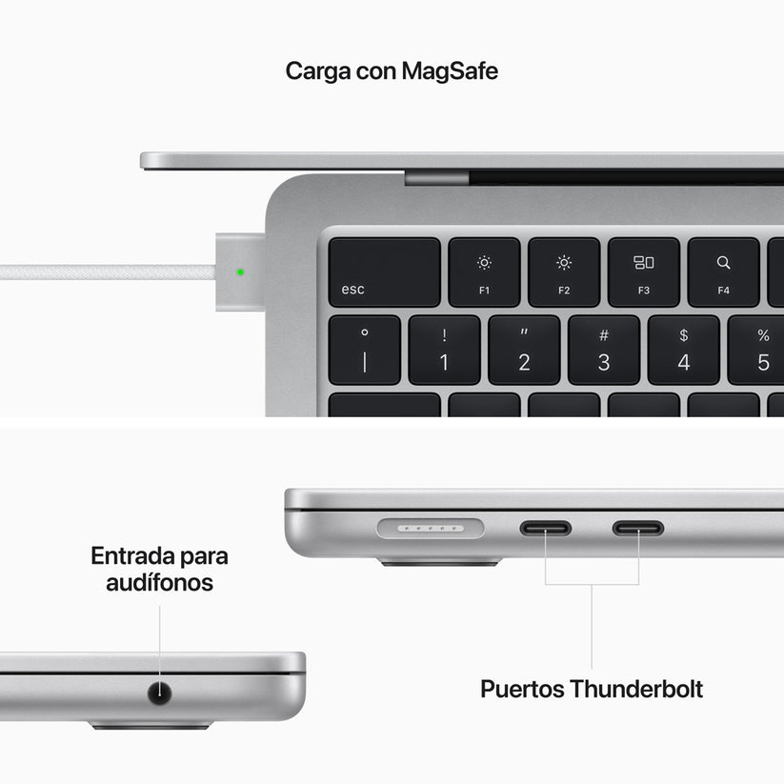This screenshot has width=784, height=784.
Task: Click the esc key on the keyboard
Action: [384, 272]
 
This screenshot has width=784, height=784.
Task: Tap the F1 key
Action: [484, 272]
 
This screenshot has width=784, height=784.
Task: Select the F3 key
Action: [644, 272]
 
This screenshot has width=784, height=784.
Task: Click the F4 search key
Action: [723, 272]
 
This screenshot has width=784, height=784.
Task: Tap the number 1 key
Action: [444, 351]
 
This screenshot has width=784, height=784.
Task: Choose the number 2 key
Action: [524, 351]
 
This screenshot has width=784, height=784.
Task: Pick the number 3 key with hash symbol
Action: [604, 351]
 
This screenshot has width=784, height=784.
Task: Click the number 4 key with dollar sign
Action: [683, 351]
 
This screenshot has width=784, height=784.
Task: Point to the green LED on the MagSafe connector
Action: [240, 271]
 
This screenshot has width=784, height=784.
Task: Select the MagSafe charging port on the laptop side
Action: [431, 527]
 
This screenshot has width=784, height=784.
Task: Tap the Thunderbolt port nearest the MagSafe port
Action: [545, 527]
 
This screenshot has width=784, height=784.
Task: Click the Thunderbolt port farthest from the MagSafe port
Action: [638, 527]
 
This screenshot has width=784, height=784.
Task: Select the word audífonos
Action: [159, 582]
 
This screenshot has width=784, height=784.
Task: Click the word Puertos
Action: [521, 689]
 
